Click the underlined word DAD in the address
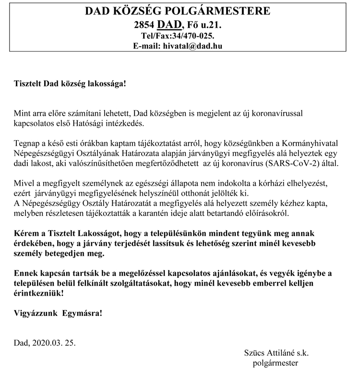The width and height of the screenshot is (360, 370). point(170,24)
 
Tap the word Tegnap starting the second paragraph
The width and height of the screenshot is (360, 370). point(26,143)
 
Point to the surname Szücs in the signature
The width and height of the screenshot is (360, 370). point(254,353)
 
